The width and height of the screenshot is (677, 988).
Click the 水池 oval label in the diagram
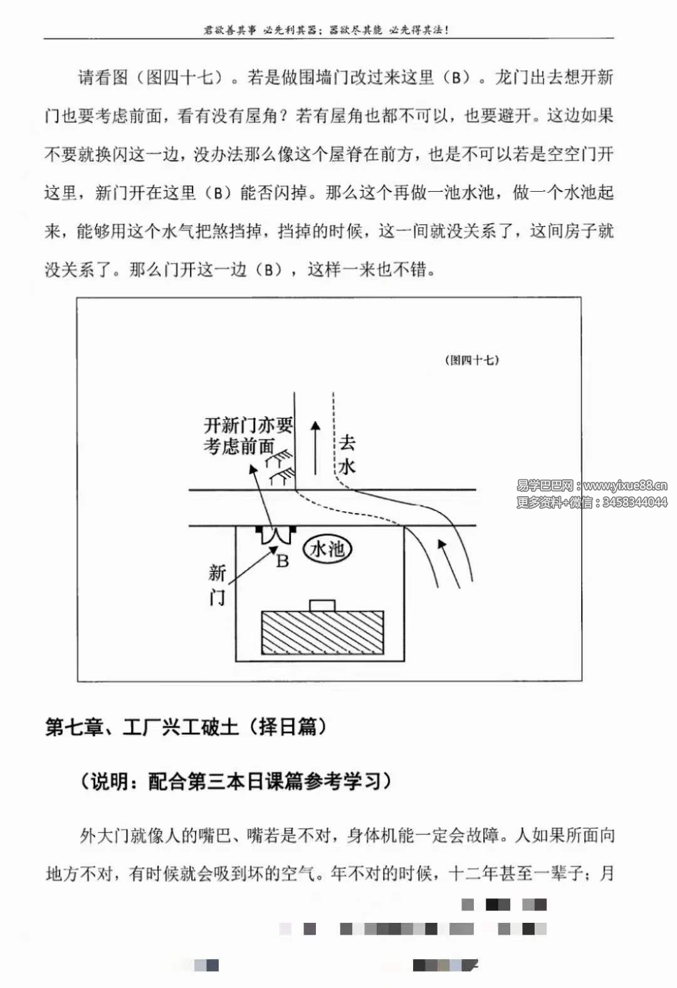tap(327, 549)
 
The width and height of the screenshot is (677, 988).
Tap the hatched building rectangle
tap(322, 633)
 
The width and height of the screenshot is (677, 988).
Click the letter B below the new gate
tap(283, 561)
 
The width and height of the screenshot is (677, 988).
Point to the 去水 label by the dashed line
tap(347, 454)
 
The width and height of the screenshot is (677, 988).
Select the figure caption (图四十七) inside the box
tap(472, 360)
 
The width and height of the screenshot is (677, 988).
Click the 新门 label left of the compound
tap(217, 585)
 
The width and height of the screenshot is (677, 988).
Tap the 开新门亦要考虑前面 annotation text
tap(248, 435)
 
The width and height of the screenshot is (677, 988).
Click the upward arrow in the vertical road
tap(315, 447)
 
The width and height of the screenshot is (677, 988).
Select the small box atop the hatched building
tap(322, 605)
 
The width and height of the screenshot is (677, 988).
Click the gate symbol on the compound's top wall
tap(276, 534)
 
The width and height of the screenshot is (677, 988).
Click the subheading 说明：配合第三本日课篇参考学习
tap(236, 781)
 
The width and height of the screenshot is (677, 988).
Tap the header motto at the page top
tap(327, 29)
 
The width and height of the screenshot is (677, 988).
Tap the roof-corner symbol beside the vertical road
tap(280, 467)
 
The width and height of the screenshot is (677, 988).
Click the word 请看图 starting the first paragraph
tap(103, 78)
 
